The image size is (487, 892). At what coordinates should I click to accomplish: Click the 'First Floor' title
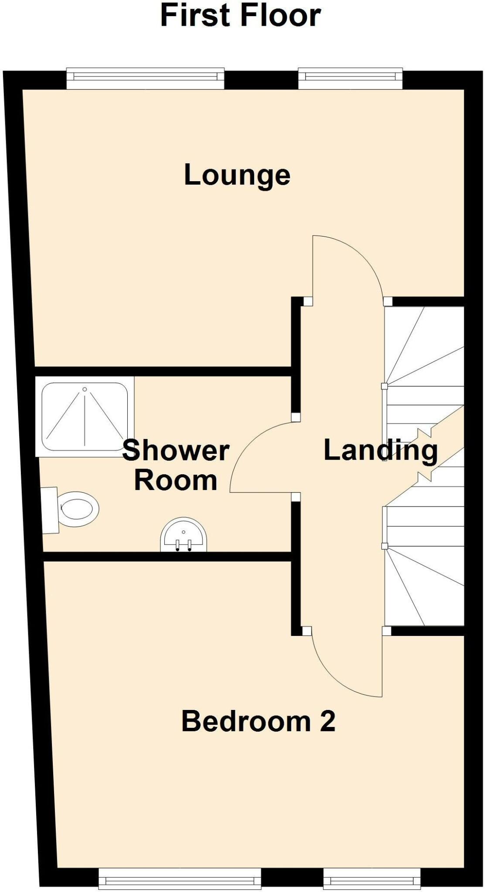tap(241, 16)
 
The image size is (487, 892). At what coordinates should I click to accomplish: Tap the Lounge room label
tap(237, 175)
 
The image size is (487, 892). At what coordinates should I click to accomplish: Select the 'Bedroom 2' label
tap(258, 721)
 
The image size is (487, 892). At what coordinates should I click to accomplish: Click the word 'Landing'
tap(380, 451)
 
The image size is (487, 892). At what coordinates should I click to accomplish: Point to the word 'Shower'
tap(176, 450)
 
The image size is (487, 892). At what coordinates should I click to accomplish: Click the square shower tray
tap(85, 417)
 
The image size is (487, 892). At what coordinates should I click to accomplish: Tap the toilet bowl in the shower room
tap(78, 509)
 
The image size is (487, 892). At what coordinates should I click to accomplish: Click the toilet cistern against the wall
tap(51, 510)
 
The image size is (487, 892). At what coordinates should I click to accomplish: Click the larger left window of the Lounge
tap(145, 77)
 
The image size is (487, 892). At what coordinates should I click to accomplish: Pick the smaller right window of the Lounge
tap(350, 77)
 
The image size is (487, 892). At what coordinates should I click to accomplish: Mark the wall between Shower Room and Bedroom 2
tap(166, 556)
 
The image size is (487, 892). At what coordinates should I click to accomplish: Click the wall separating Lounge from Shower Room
tap(161, 371)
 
